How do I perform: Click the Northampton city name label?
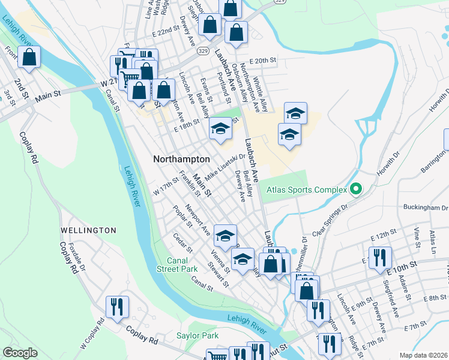coord(181,160)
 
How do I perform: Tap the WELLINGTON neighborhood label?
coord(88,230)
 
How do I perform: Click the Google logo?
coord(20,353)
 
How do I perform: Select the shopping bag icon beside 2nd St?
coord(29,58)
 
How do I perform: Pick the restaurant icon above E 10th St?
coord(379,257)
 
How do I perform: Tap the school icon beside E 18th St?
coord(220,129)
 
